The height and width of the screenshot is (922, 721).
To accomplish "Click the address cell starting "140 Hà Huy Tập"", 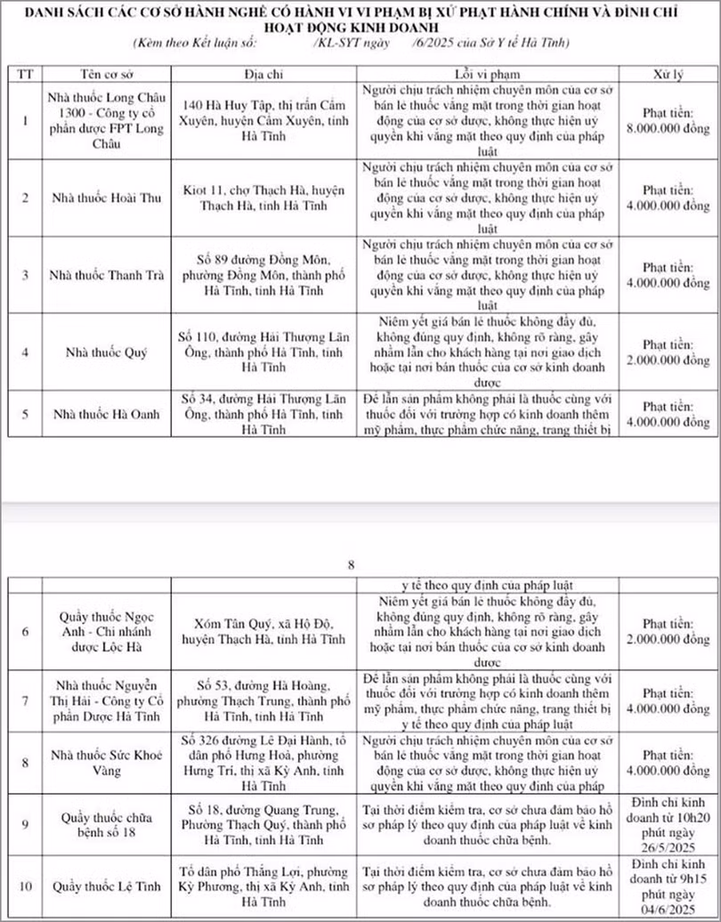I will [x=262, y=120].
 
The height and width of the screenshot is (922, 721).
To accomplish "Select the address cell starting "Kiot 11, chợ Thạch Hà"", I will [x=262, y=198].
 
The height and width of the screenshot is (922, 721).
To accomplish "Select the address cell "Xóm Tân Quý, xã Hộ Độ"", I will [x=262, y=631].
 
